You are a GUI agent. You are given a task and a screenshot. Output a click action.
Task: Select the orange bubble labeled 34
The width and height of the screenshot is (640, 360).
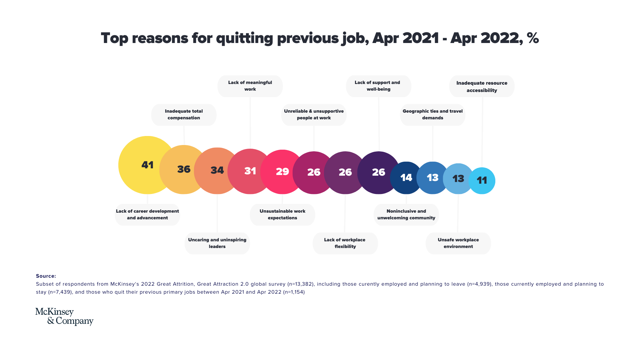[x=217, y=170]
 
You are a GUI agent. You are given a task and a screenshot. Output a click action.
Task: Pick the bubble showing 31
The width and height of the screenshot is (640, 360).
[x=250, y=171]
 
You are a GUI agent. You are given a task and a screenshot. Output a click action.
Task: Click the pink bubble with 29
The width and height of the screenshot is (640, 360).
[x=282, y=172]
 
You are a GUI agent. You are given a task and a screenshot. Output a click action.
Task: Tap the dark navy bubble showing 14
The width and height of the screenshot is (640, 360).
[x=406, y=178]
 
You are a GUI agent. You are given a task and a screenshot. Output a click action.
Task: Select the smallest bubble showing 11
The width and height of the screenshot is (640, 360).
[x=482, y=180]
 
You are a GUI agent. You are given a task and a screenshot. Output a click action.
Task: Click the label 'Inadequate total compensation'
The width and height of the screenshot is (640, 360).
[x=184, y=115]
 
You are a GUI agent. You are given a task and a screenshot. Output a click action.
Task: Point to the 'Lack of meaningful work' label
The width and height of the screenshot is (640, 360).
[x=250, y=86]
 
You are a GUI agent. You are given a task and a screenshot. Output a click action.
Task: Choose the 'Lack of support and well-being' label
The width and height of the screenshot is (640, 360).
[x=378, y=86]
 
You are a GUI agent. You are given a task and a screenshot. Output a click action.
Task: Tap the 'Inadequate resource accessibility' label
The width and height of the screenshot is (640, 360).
[x=482, y=86]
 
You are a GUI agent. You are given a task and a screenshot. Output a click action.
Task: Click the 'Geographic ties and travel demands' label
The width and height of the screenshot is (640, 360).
[x=432, y=115]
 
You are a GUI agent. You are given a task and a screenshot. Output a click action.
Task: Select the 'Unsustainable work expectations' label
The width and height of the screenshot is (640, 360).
[x=282, y=215]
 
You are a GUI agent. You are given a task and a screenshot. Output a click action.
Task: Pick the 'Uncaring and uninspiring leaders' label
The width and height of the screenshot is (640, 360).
[x=217, y=243]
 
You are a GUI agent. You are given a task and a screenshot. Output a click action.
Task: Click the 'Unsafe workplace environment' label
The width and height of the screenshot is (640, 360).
[x=458, y=243]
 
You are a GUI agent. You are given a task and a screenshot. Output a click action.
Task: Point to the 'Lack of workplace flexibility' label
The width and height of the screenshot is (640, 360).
[x=345, y=243]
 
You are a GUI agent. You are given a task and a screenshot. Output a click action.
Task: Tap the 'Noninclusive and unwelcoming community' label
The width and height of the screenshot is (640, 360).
[x=406, y=215]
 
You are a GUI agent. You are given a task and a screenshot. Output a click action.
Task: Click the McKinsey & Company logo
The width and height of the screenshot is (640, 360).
[x=64, y=316]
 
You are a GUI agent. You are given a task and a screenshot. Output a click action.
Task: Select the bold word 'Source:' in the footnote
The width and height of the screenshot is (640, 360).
[x=46, y=276]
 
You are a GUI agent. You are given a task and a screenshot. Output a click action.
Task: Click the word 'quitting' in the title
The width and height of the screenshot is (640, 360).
[x=244, y=38]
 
